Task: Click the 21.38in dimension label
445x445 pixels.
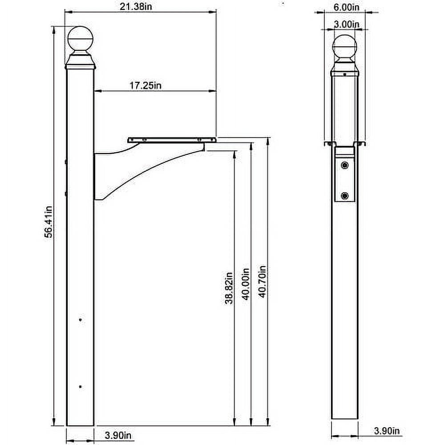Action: click(136, 6)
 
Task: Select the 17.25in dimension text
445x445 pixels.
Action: click(146, 85)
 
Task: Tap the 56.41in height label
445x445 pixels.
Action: click(48, 222)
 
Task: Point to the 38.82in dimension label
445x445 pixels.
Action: click(229, 288)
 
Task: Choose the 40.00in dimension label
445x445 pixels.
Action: click(246, 284)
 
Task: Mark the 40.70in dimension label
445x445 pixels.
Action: click(263, 282)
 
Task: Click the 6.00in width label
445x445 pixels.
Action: click(346, 7)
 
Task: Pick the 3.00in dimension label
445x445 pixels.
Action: click(347, 24)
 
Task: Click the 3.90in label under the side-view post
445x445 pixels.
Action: click(118, 435)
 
